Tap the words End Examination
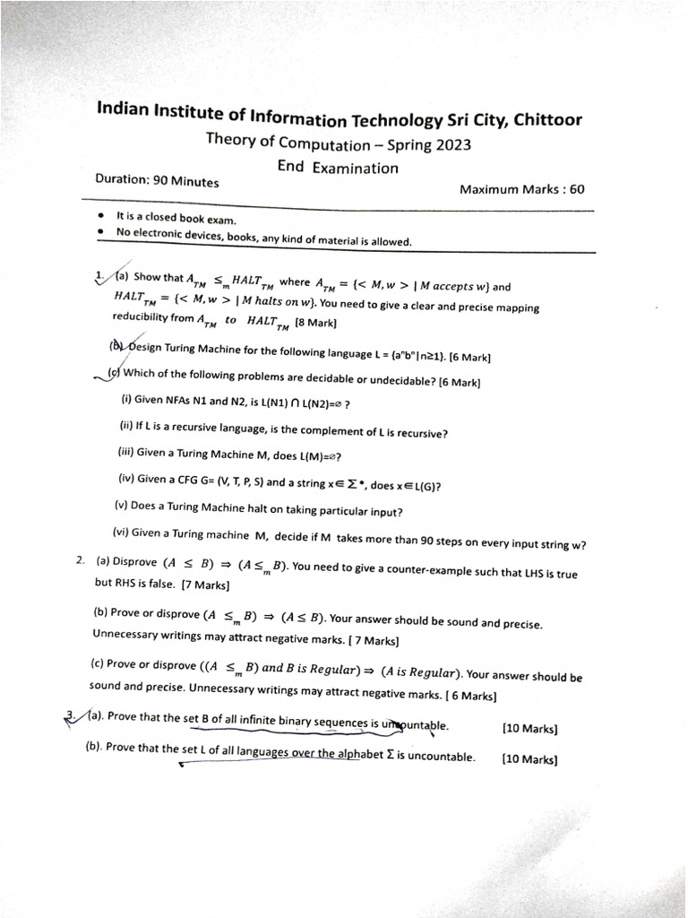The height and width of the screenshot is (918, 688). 338,168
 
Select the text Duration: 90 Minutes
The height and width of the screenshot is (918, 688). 157,180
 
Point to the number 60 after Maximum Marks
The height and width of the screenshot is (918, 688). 576,189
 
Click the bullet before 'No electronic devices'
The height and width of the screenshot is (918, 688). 103,231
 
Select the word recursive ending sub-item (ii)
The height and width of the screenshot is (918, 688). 421,433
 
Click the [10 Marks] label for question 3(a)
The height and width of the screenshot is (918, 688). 530,729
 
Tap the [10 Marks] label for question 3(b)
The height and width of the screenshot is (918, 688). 530,759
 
